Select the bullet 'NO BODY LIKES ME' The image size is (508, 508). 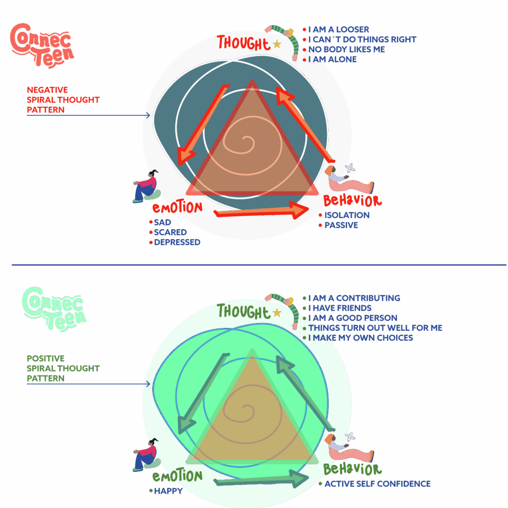pos(346,50)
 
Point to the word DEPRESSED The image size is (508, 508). pos(177,243)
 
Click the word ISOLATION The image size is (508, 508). pos(347,215)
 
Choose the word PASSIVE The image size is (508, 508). pos(341,225)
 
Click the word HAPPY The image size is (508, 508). pos(168,491)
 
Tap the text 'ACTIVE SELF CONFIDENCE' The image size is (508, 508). pos(377,484)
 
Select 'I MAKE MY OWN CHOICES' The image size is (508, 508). pos(360,338)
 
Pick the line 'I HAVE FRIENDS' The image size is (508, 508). pos(340,308)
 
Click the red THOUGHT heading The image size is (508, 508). pos(243,43)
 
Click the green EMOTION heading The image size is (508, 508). pos(178,477)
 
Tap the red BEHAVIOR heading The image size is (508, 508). pos(352,201)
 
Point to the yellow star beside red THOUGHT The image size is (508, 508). pos(277,44)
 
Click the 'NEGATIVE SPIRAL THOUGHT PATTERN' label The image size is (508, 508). pos(63,100)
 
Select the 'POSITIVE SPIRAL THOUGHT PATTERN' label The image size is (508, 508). pos(63,368)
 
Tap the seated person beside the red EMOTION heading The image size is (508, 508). pos(147,187)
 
